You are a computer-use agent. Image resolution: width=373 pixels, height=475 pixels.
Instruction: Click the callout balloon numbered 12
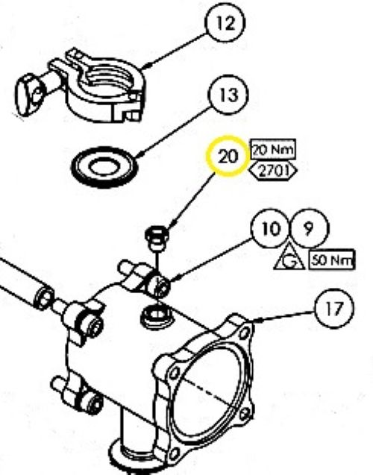pos(225,23)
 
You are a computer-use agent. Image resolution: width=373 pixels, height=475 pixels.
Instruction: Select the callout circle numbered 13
pos(228,95)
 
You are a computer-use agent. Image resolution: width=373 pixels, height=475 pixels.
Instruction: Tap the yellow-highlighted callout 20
pos(228,157)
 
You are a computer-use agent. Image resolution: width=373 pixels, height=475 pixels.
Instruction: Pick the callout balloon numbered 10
pos(271,228)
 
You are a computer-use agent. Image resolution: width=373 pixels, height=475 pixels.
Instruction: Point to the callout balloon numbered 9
pos(309,228)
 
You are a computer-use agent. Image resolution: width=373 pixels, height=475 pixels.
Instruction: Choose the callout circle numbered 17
pos(334,308)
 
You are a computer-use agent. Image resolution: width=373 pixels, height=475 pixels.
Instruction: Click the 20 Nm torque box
pos(273,150)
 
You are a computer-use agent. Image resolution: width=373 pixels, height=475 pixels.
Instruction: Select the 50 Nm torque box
pos(331,260)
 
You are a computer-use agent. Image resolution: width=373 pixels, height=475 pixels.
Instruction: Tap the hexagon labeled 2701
pos(273,172)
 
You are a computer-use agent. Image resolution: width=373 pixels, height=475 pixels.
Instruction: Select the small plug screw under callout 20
pos(157,237)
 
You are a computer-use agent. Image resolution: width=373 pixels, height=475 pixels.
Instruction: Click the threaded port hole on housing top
pos(157,317)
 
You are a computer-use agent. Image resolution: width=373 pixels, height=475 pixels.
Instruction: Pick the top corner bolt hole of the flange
pos(244,334)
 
